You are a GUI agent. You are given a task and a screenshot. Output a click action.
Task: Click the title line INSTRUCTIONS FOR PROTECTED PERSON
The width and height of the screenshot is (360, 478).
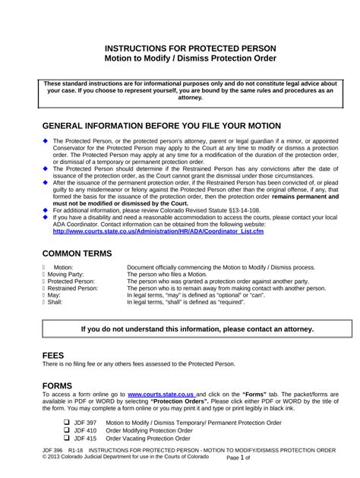coord(180,48)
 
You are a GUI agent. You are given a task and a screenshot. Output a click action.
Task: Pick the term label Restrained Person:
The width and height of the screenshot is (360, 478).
coord(81,288)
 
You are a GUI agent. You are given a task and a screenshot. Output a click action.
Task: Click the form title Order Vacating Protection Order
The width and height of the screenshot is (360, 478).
coord(149,439)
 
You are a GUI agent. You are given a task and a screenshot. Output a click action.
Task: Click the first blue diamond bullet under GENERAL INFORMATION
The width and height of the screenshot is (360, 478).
coord(46,142)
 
